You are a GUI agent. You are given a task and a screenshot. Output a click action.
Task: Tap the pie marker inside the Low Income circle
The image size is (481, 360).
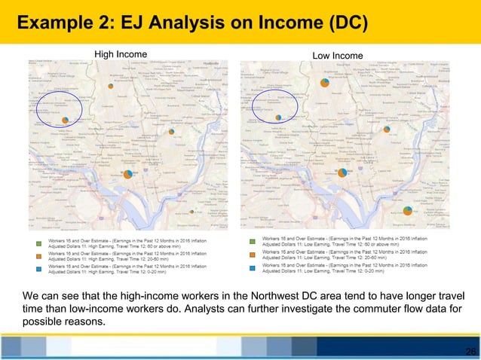pos(278,117)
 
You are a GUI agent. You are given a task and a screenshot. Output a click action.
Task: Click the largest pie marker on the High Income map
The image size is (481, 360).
pos(128,175)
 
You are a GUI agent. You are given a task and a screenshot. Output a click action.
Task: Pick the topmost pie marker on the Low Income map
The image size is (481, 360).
pos(324,82)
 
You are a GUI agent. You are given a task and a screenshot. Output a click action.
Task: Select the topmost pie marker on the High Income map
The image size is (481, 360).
pos(112,87)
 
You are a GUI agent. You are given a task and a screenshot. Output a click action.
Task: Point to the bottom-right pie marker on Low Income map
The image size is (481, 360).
pos(407,210)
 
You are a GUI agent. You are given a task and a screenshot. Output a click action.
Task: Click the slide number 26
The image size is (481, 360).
pos(470,352)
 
